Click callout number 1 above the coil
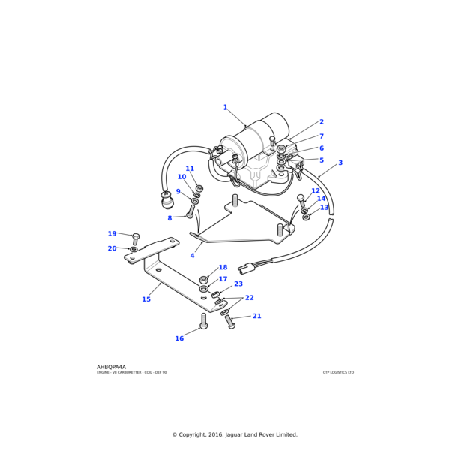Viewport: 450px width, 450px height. pos(225,107)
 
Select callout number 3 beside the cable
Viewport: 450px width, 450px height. pos(340,163)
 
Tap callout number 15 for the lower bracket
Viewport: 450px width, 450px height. pos(146,299)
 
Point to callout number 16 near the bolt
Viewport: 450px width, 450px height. pos(179,338)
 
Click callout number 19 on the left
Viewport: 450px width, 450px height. pos(112,234)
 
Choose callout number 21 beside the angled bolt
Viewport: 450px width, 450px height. pos(256,316)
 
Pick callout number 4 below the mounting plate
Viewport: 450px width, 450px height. pos(192,256)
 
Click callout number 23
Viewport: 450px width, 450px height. pos(238,284)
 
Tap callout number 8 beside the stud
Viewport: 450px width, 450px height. pos(169,218)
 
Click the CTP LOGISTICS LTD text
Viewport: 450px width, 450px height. pos(338,372)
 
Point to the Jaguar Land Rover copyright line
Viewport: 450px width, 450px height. pos(235,434)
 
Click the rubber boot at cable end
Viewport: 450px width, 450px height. pos(166,199)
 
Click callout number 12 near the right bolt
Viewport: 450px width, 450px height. pos(316,212)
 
